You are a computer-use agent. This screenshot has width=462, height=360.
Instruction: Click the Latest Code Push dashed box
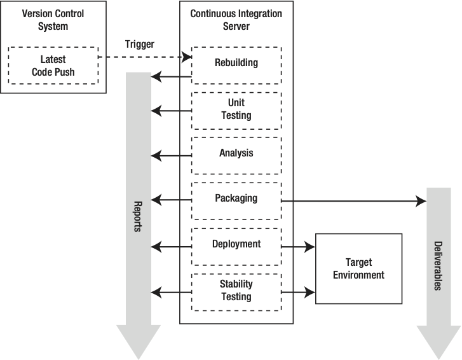53,65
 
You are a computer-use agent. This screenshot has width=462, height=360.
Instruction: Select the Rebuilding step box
236,64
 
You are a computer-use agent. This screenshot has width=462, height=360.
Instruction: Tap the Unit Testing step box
236,109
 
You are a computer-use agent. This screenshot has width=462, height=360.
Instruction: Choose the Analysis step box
236,154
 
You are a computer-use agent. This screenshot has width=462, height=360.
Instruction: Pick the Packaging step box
236,198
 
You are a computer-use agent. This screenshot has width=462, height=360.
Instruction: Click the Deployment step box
236,245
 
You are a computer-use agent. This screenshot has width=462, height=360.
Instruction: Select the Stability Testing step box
236,291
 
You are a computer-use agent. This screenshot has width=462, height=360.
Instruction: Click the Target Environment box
358,268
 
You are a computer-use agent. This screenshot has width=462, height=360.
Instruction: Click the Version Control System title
53,19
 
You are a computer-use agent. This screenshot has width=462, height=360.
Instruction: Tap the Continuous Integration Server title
236,19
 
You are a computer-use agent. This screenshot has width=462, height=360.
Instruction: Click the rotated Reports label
137,216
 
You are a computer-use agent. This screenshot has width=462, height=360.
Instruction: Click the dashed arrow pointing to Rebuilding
146,57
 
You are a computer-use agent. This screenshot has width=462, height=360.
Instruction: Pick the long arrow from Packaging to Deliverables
353,201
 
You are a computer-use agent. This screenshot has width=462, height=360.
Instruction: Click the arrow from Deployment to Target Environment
298,246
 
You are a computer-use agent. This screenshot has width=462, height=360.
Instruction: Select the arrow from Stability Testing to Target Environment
298,292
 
